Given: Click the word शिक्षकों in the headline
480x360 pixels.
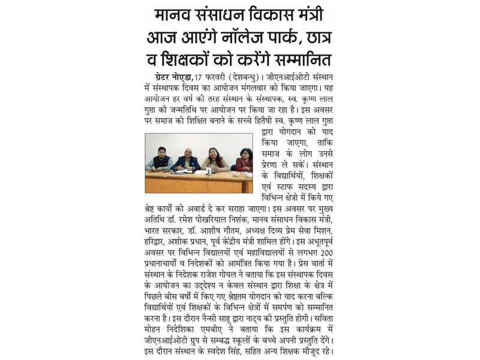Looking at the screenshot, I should tap(191, 62).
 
